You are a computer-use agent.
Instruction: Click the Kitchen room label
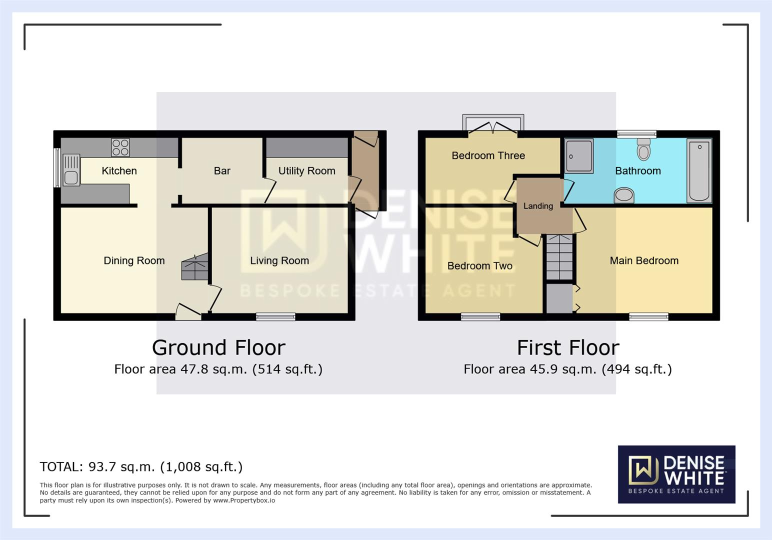pyautogui.click(x=119, y=171)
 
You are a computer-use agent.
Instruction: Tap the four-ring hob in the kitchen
pyautogui.click(x=120, y=147)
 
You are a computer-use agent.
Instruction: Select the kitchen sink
pyautogui.click(x=71, y=170)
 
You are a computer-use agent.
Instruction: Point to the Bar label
pyautogui.click(x=222, y=171)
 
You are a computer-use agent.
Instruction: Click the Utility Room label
pyautogui.click(x=306, y=171)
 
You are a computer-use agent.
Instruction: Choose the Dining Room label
pyautogui.click(x=134, y=260)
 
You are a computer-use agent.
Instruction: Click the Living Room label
pyautogui.click(x=279, y=260)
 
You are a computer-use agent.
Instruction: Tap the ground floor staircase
pyautogui.click(x=194, y=267)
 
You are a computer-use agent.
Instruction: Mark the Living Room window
pyautogui.click(x=275, y=316)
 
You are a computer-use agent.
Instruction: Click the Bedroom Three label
pyautogui.click(x=488, y=155)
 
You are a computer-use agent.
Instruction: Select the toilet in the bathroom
pyautogui.click(x=643, y=148)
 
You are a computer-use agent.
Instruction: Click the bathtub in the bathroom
pyautogui.click(x=699, y=170)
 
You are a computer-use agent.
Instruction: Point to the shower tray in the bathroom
pyautogui.click(x=579, y=156)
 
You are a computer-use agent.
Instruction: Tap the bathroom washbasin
pyautogui.click(x=624, y=194)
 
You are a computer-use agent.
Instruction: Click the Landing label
pyautogui.click(x=538, y=206)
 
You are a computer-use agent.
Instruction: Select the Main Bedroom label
pyautogui.click(x=644, y=260)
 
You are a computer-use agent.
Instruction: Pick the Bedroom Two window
pyautogui.click(x=480, y=316)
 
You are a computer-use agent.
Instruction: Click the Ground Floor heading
pyautogui.click(x=218, y=347)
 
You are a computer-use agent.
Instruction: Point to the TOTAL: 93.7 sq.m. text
pyautogui.click(x=141, y=466)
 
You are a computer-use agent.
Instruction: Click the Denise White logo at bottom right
pyautogui.click(x=676, y=474)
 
